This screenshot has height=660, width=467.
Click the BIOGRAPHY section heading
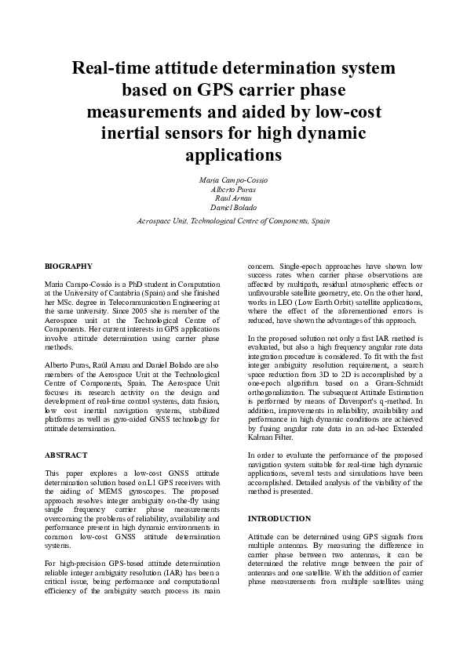pyautogui.click(x=68, y=267)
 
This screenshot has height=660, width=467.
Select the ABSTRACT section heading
pyautogui.click(x=66, y=455)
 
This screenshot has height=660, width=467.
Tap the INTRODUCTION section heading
pyautogui.click(x=279, y=519)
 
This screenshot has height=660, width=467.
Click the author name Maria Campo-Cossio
pyautogui.click(x=233, y=180)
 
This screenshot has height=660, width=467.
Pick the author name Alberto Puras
pyautogui.click(x=233, y=190)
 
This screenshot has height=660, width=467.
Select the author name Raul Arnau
pyautogui.click(x=233, y=199)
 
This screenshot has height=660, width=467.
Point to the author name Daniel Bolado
pyautogui.click(x=233, y=209)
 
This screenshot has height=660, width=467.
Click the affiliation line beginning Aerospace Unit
pyautogui.click(x=233, y=222)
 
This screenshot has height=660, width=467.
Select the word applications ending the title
pyautogui.click(x=233, y=154)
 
